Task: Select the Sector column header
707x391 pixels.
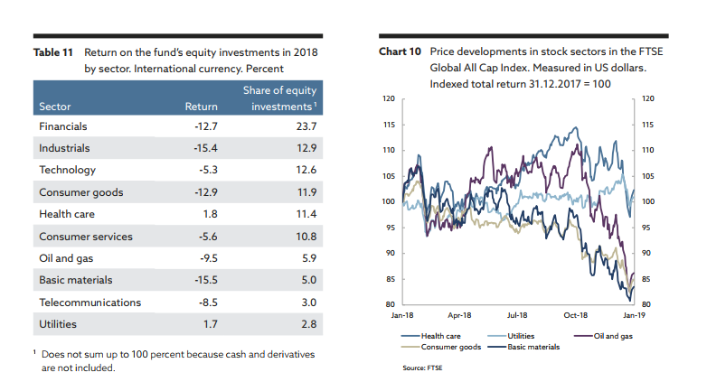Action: (x=55, y=107)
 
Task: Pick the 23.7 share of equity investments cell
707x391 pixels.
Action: (x=308, y=126)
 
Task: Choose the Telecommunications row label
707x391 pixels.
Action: (x=90, y=303)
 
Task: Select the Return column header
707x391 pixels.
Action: (x=201, y=107)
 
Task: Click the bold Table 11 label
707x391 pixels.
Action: (x=52, y=53)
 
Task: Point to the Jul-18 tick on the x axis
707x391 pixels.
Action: (x=518, y=315)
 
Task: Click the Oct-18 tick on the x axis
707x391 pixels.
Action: (x=576, y=315)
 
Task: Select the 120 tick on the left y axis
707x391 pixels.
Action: (x=388, y=98)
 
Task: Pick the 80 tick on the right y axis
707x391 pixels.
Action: (x=646, y=305)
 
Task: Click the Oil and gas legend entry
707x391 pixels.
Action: (x=610, y=336)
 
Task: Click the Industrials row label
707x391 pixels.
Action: (x=64, y=147)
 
